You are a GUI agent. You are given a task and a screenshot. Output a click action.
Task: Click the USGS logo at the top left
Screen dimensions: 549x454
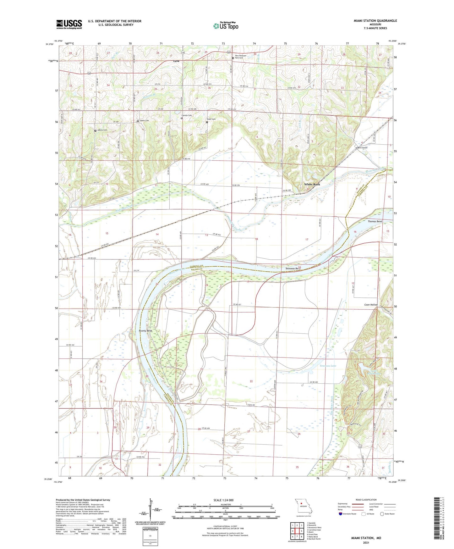(69, 24)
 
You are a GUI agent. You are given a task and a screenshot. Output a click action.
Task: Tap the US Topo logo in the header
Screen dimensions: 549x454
(226, 26)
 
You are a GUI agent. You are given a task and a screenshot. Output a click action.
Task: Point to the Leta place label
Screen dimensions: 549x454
(176, 61)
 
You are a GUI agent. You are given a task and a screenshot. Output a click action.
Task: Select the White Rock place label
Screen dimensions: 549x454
(312, 184)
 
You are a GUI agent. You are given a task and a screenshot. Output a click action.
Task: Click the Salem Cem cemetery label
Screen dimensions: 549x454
(144, 121)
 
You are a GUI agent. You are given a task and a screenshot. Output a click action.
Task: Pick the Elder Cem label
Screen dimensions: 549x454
(211, 119)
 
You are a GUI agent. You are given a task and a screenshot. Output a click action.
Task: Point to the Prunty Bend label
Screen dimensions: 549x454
(145, 331)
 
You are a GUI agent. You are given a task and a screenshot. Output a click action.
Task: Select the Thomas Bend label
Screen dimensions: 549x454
(375, 221)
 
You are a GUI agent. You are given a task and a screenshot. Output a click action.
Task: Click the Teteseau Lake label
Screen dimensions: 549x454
(328, 366)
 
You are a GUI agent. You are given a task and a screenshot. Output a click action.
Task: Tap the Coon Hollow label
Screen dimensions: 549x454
(371, 305)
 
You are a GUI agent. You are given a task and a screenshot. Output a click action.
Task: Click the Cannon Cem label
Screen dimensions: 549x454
(186, 115)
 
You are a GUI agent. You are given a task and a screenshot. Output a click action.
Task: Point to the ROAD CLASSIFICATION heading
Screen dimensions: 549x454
(366, 500)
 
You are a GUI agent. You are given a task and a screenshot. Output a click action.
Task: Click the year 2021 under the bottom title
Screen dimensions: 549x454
(366, 543)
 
